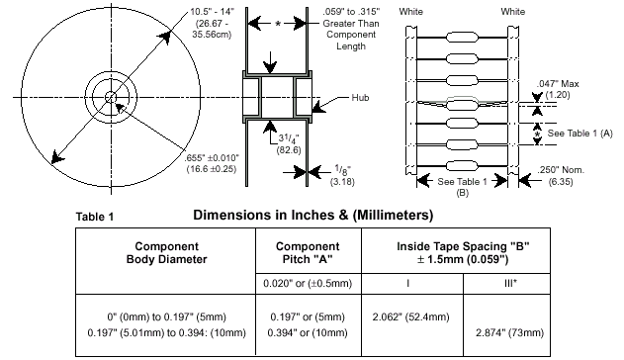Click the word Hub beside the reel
[x=360, y=98]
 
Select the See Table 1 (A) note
[x=580, y=134]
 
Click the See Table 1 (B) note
[x=462, y=187]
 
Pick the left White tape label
[x=411, y=12]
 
